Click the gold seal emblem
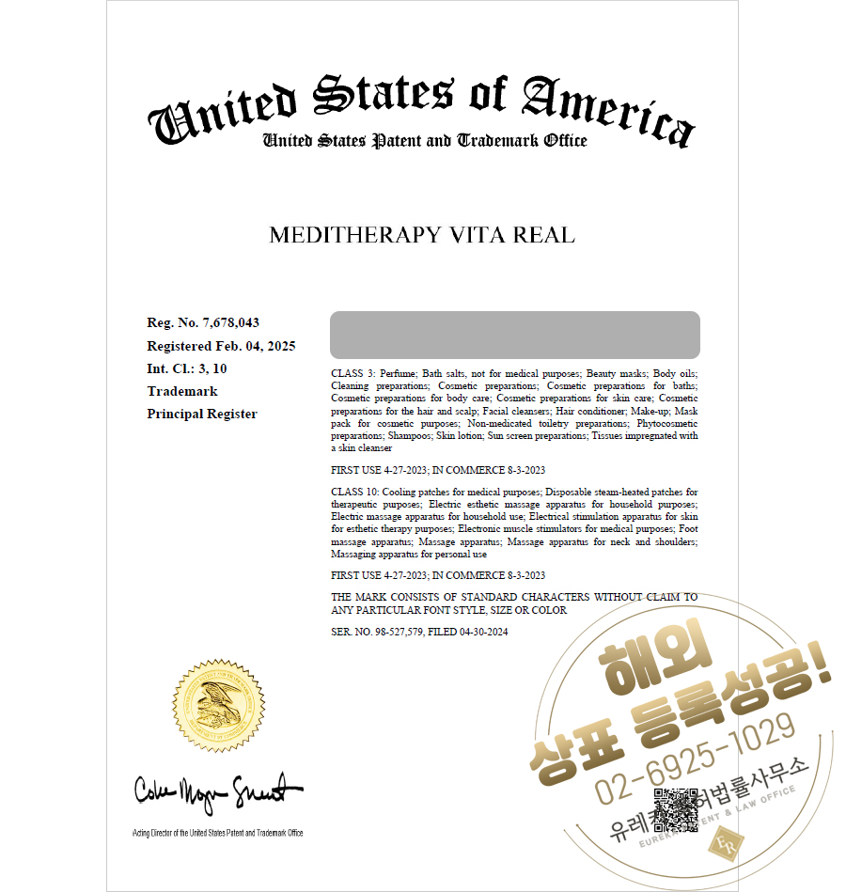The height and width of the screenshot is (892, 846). click(x=220, y=705)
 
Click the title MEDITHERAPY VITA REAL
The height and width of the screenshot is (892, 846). click(x=421, y=235)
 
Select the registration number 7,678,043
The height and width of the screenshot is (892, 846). click(x=230, y=323)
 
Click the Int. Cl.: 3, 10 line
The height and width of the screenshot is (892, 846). click(x=186, y=368)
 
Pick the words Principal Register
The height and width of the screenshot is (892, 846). click(x=202, y=414)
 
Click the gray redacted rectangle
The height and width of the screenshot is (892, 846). click(x=514, y=336)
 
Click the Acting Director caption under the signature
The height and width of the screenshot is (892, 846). click(x=217, y=833)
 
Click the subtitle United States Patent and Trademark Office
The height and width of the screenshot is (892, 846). click(x=425, y=141)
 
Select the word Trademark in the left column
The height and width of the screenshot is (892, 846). click(x=182, y=391)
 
